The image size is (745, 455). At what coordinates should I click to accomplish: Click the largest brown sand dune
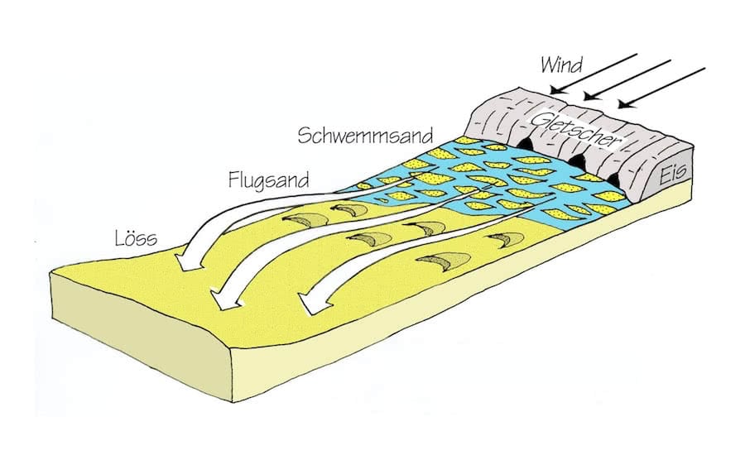[x=444, y=261]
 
